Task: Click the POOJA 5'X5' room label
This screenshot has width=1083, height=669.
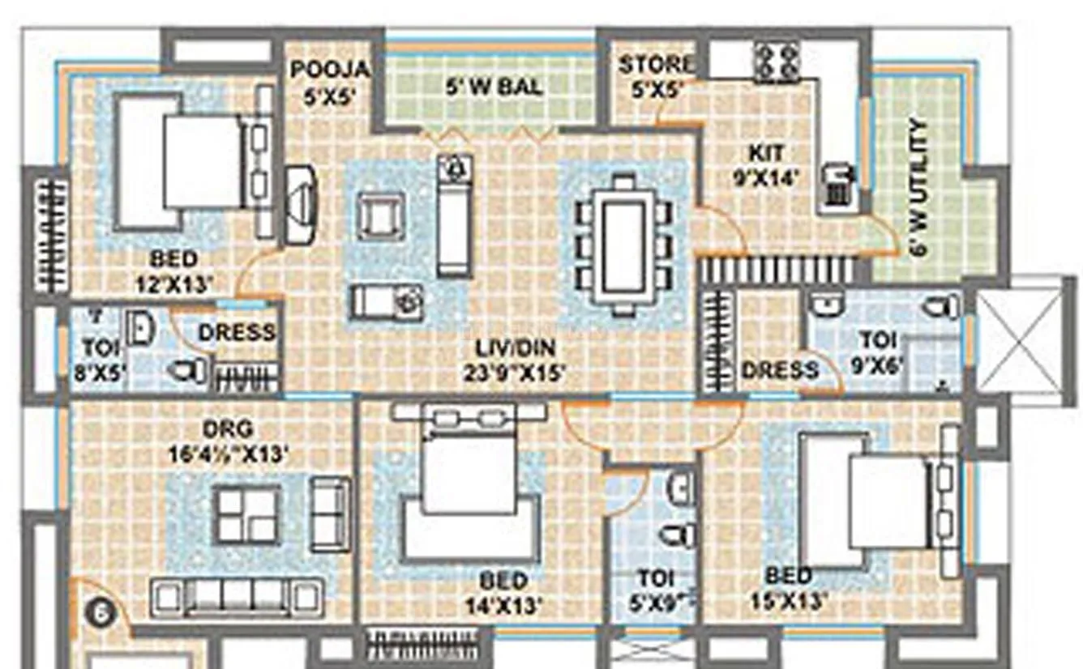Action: click(330, 82)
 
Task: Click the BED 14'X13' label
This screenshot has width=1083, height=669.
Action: click(503, 593)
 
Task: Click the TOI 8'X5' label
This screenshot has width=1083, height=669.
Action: click(100, 360)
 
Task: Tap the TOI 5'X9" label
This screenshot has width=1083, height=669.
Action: click(655, 590)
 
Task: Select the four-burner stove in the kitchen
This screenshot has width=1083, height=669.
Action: click(777, 62)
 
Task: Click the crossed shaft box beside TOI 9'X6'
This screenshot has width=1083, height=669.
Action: click(1020, 339)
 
